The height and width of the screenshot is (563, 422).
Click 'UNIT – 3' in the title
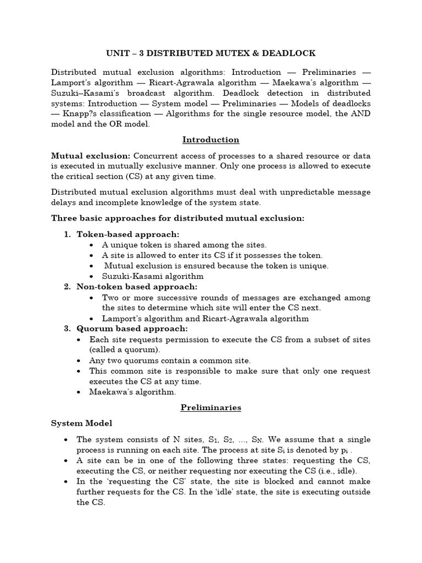[x=124, y=53]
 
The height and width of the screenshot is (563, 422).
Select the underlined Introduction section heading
[x=211, y=140]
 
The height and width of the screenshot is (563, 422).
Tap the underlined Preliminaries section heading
[x=211, y=408]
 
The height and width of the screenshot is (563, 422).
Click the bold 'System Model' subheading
[x=82, y=423]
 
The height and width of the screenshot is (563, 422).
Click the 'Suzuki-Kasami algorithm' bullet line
[x=153, y=276]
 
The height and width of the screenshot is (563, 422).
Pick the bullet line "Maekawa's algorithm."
[x=133, y=392]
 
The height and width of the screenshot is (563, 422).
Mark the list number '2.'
[x=68, y=286]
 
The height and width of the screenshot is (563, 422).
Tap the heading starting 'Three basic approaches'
[x=177, y=218]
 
